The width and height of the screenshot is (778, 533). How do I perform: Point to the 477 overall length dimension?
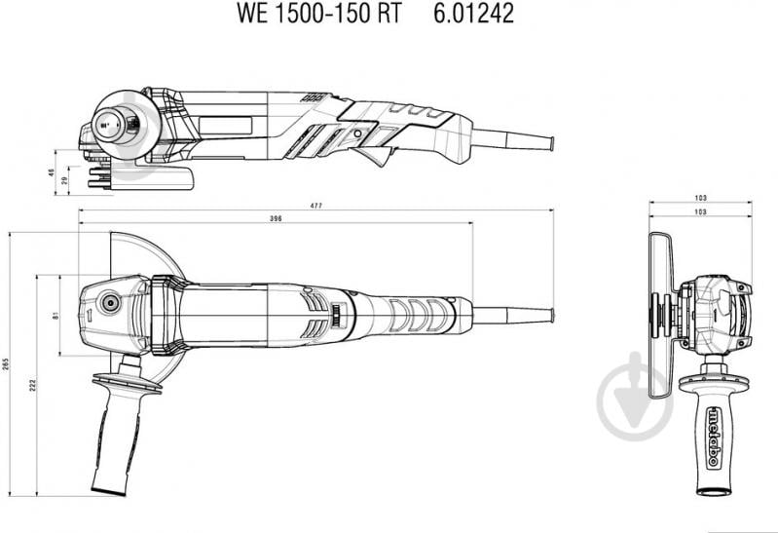click(x=316, y=206)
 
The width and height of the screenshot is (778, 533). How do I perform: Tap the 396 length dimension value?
click(x=276, y=219)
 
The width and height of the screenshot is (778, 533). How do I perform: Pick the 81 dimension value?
click(x=56, y=315)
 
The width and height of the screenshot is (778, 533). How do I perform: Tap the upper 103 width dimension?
click(x=700, y=198)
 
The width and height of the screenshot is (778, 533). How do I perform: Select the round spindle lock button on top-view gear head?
click(x=109, y=303)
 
